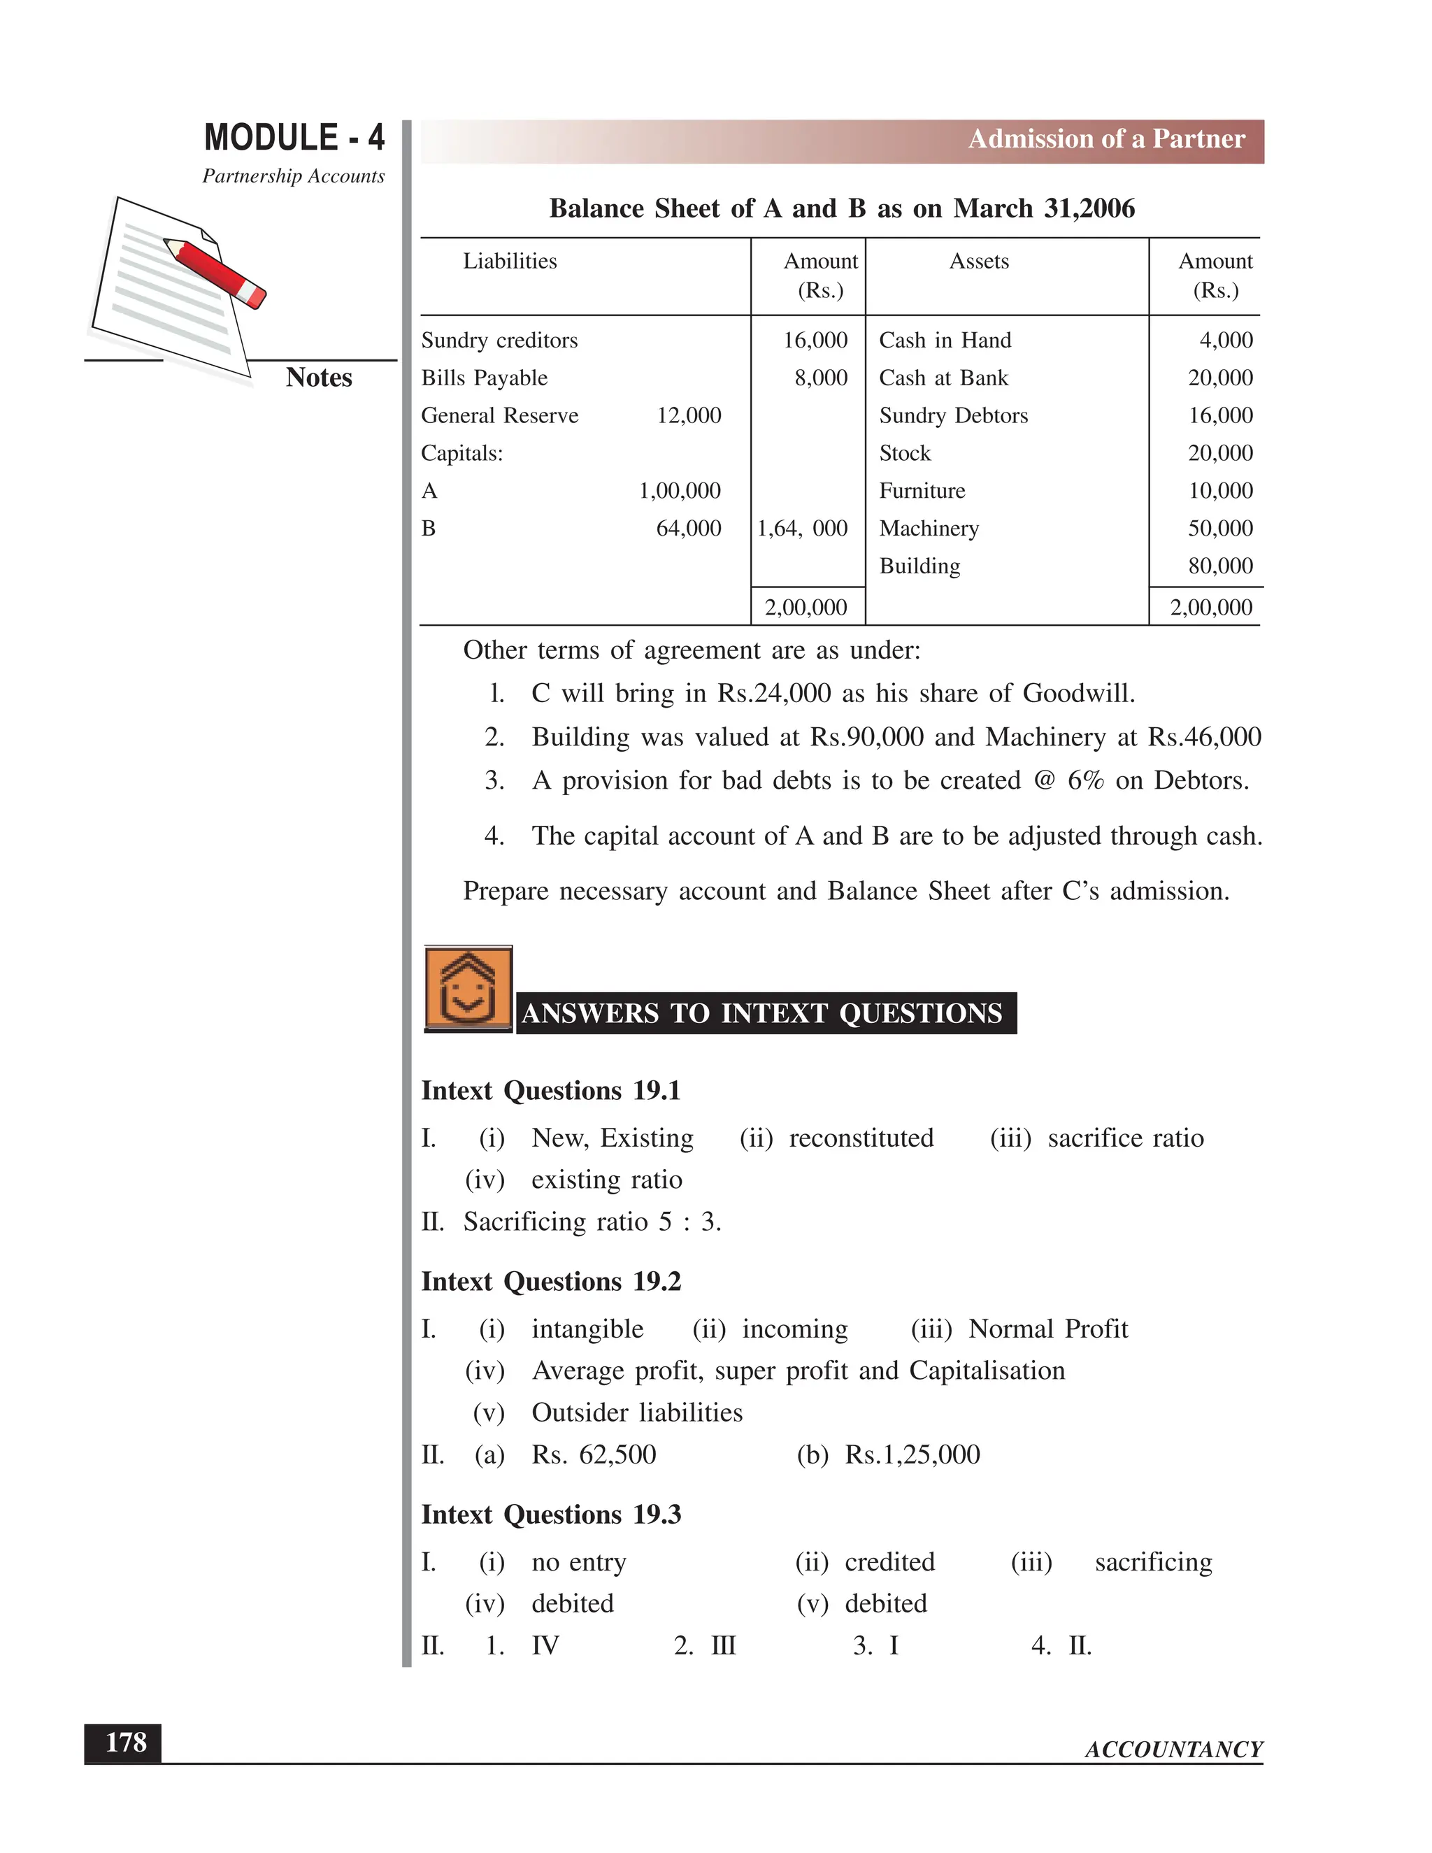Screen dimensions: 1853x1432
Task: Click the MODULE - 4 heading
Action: [294, 138]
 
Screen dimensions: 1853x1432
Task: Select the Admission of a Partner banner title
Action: [1106, 139]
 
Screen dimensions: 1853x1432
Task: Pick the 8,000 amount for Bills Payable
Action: [820, 378]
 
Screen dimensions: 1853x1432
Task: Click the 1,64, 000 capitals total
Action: [803, 529]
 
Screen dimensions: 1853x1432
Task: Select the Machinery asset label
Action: [929, 529]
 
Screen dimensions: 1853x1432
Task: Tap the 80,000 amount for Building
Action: [1220, 566]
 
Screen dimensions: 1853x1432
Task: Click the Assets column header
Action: [979, 262]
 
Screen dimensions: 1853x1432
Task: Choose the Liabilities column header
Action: [510, 262]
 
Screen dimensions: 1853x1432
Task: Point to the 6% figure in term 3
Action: [1085, 780]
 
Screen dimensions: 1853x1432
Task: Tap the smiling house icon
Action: [468, 989]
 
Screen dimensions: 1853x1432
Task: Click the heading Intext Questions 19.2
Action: [552, 1281]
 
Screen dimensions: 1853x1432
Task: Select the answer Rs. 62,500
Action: [594, 1454]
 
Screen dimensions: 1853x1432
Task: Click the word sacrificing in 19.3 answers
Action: [1153, 1562]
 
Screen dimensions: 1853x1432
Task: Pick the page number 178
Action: [124, 1743]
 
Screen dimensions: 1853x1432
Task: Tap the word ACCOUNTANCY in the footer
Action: [1173, 1750]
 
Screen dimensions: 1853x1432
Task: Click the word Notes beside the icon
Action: [319, 378]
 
